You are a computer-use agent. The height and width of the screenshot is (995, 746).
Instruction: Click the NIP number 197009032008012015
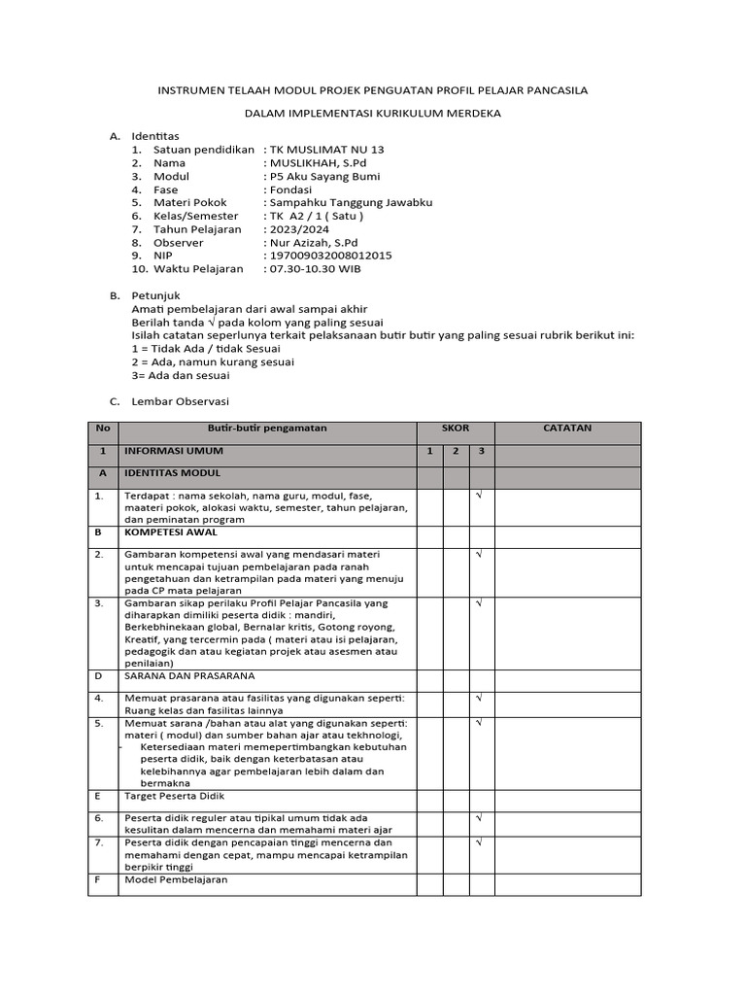point(330,255)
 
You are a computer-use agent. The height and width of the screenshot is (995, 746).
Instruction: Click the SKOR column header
point(456,429)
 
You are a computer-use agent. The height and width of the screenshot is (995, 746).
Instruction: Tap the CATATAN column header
point(568,429)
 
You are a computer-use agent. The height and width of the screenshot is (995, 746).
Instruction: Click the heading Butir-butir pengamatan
point(267,429)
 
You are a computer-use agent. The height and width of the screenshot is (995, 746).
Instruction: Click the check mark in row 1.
point(479,496)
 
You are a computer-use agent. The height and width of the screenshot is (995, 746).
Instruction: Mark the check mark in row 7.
point(479,841)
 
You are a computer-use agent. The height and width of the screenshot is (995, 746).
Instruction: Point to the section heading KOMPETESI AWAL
point(171,532)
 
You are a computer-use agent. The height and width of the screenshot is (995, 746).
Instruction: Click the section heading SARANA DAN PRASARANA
point(189,674)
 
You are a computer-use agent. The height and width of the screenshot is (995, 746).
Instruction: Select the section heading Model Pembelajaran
point(176,879)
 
